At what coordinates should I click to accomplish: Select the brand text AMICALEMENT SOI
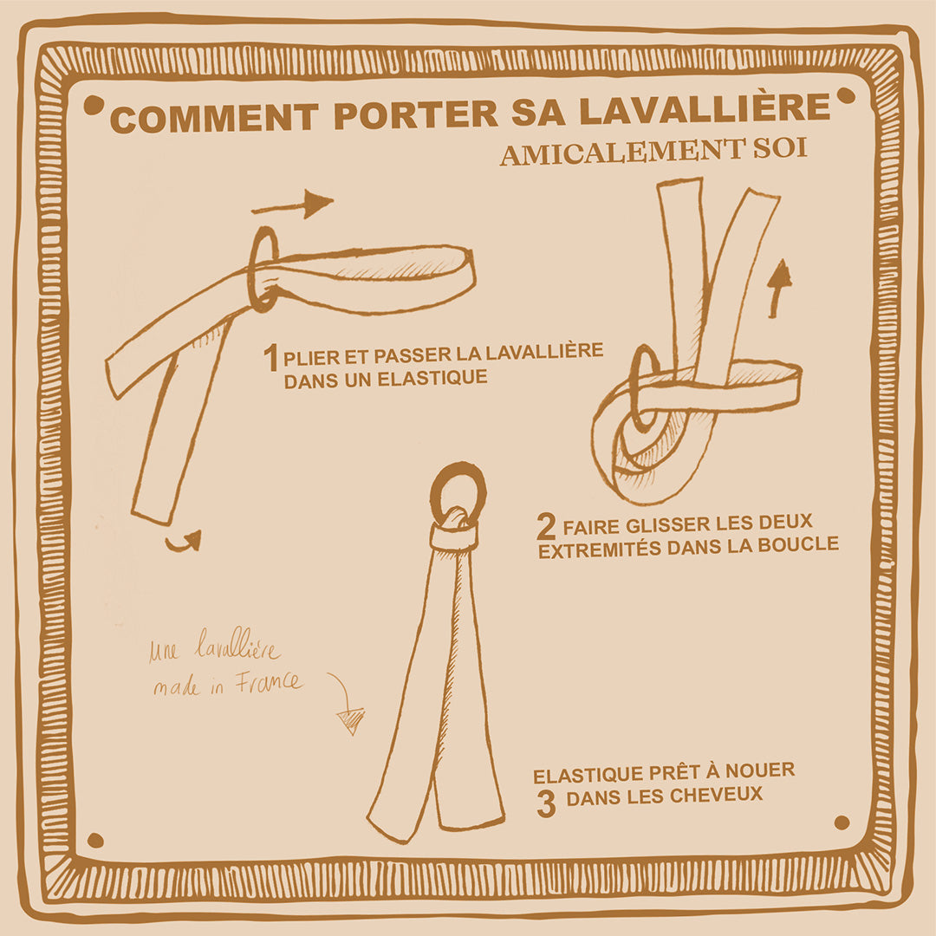click(653, 151)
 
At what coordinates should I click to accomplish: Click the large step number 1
click(271, 357)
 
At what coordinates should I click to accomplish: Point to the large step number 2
click(545, 527)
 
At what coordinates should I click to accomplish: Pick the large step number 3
click(545, 803)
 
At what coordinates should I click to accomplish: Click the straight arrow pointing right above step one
click(292, 205)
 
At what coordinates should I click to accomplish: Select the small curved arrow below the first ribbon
click(184, 541)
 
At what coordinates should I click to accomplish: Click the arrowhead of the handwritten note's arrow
click(351, 720)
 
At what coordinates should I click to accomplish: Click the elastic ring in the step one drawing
click(263, 269)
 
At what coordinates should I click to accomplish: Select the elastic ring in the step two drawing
click(642, 387)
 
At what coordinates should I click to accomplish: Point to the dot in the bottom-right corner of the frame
click(841, 822)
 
